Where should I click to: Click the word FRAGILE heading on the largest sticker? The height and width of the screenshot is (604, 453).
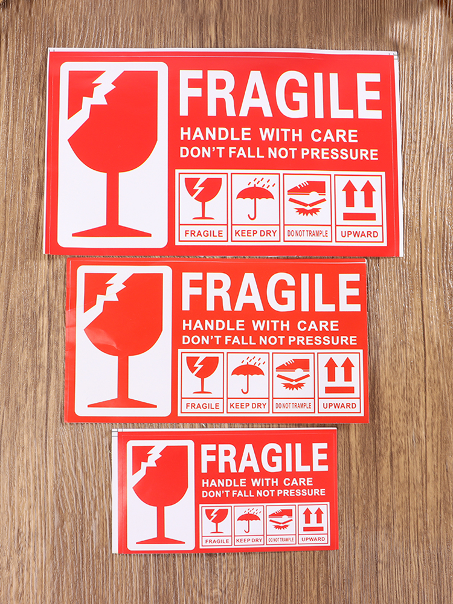pyautogui.click(x=280, y=95)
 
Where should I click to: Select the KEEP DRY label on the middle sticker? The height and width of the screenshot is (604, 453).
pyautogui.click(x=248, y=406)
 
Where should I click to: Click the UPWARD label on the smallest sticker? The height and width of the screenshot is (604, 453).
pyautogui.click(x=313, y=539)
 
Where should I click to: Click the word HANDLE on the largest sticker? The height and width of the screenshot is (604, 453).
pyautogui.click(x=216, y=135)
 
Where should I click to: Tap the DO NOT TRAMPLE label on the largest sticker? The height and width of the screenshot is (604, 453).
pyautogui.click(x=307, y=233)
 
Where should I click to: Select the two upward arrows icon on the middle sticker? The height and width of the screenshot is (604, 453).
pyautogui.click(x=339, y=370)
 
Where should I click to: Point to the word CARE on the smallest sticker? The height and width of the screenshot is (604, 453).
pyautogui.click(x=298, y=481)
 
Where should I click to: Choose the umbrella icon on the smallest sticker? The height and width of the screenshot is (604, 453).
pyautogui.click(x=248, y=520)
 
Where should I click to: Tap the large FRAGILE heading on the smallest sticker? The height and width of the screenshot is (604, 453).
pyautogui.click(x=265, y=458)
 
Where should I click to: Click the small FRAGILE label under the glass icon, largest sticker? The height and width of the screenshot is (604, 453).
pyautogui.click(x=204, y=233)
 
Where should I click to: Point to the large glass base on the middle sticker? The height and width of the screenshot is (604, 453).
pyautogui.click(x=122, y=403)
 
